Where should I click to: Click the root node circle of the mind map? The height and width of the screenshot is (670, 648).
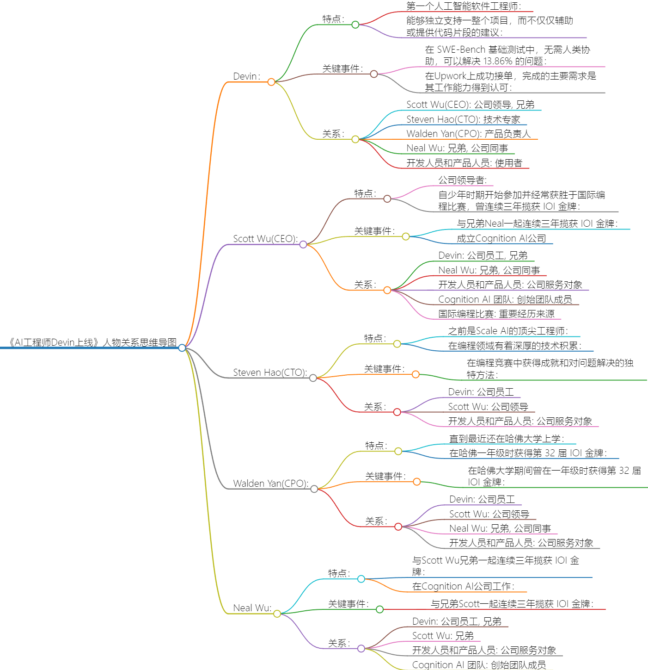point(182,347)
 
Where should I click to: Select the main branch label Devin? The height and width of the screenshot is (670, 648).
point(246,76)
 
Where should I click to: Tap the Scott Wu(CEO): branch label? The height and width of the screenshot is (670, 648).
point(265,239)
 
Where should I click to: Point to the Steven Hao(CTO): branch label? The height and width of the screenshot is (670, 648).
point(269,372)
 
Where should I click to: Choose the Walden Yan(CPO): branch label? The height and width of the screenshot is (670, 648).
point(270,484)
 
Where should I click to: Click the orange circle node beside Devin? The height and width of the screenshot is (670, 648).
point(271,82)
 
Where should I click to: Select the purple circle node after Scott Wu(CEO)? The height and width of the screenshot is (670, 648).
point(303,244)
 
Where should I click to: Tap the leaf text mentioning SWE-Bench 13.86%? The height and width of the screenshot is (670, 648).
point(507,55)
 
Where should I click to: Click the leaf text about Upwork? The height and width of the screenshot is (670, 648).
point(510,81)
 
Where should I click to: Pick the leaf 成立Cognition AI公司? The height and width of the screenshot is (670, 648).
point(501,238)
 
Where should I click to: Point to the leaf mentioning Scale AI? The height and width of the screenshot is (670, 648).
point(507,331)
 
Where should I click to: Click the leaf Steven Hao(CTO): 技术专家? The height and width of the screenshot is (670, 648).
point(463,119)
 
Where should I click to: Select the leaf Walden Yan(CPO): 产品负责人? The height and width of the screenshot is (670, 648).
point(468,134)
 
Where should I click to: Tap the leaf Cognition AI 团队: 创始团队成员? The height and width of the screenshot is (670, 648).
point(505,299)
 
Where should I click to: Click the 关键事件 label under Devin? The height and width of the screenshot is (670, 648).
point(342,68)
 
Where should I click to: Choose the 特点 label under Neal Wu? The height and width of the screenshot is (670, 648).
point(339,573)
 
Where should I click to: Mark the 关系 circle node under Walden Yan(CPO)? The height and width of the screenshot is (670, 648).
point(398,527)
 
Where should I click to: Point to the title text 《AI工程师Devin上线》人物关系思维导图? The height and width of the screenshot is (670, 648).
point(92,342)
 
